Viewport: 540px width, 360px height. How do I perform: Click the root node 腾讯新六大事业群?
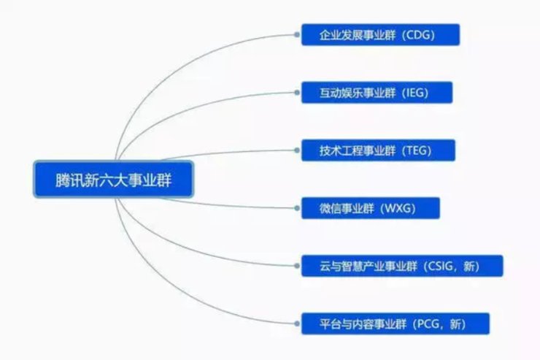[114, 179]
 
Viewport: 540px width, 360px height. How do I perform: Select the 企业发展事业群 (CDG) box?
[380, 34]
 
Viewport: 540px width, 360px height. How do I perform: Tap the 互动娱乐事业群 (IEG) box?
[377, 92]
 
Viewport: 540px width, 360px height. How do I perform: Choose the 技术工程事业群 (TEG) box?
[378, 150]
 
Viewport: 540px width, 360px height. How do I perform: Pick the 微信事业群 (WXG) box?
[371, 208]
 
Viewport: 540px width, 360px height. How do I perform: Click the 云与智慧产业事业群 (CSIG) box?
[402, 266]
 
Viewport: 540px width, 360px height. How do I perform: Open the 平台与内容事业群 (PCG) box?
[396, 323]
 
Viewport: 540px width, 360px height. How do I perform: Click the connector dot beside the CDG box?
[296, 34]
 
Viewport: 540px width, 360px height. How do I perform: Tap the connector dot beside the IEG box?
[296, 92]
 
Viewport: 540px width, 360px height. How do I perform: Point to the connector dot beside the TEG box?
[296, 150]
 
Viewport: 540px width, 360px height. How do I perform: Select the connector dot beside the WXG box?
[296, 208]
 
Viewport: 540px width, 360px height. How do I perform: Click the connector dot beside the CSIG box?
[296, 266]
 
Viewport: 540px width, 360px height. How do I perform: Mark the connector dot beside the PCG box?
[296, 323]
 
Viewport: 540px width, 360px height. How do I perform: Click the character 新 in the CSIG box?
[469, 267]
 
